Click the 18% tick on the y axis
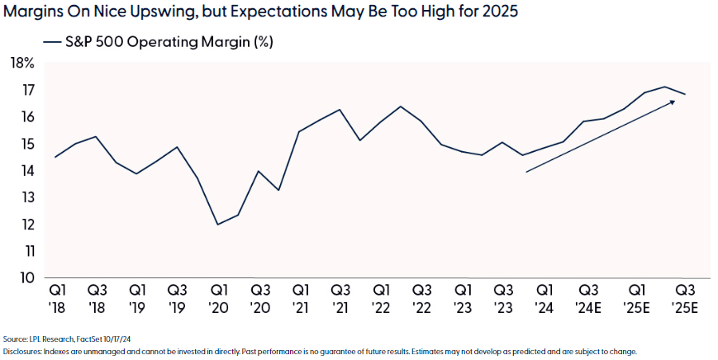coord(22,63)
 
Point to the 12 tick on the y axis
coord(26,224)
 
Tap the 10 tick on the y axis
coord(26,277)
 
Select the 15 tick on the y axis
coord(26,144)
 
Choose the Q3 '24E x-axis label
coord(589,298)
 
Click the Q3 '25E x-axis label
coord(685,298)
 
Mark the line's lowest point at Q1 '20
coord(218,225)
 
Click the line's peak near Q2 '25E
coord(665,87)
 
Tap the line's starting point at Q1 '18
coord(55,157)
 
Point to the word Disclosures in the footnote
coord(22,352)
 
